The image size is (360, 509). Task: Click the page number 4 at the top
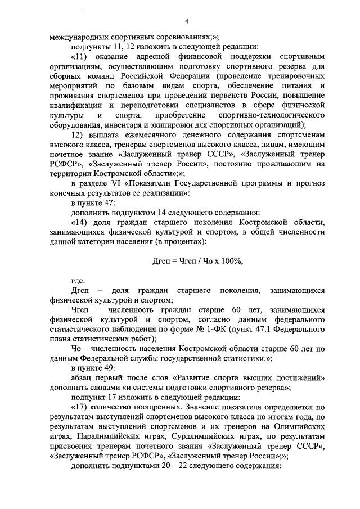186,22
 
